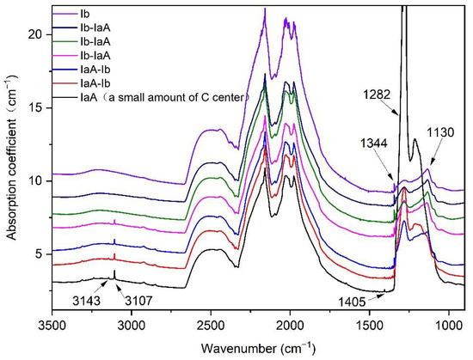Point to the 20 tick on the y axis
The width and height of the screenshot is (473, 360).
click(37, 34)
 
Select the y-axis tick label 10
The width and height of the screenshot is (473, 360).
click(37, 181)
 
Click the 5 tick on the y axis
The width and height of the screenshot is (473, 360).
click(40, 254)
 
